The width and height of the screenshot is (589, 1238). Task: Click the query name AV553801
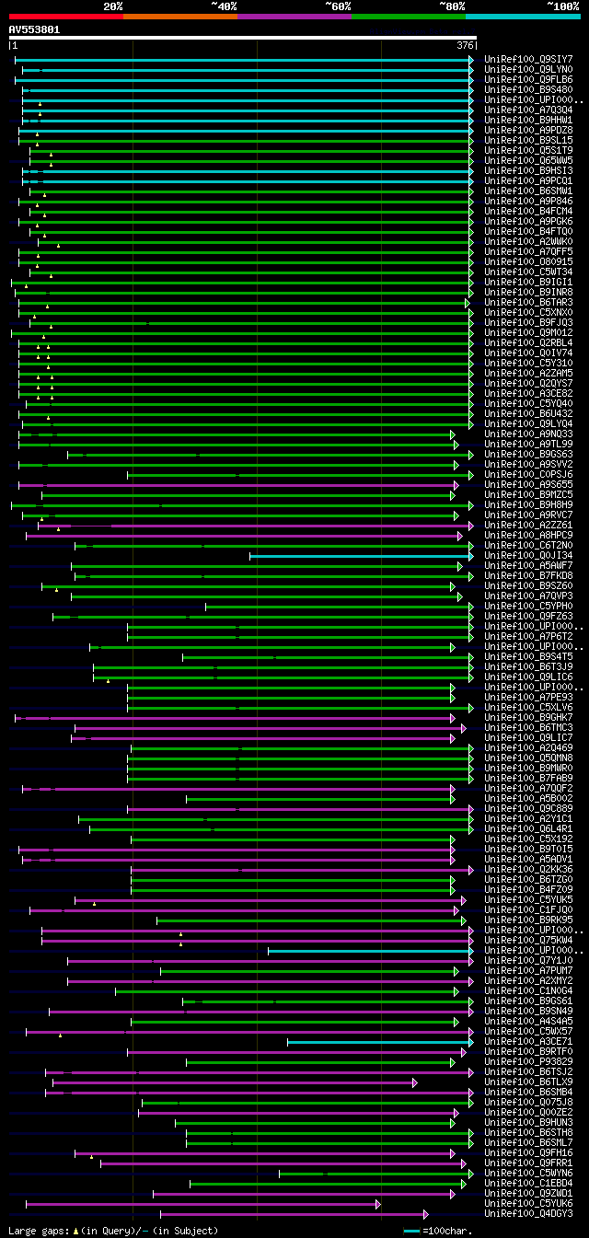click(x=34, y=29)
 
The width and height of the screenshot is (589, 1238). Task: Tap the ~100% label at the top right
click(x=562, y=6)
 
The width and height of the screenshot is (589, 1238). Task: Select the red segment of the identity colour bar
click(x=64, y=16)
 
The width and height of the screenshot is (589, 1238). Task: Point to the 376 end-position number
click(x=465, y=45)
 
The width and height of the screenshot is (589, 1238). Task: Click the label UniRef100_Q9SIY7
click(x=528, y=60)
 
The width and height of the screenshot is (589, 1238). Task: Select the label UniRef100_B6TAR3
click(x=528, y=302)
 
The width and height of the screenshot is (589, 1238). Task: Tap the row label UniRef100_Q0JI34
click(x=528, y=555)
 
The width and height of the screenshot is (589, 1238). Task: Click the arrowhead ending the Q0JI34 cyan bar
click(x=470, y=555)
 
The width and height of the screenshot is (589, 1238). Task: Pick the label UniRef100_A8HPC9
click(x=528, y=535)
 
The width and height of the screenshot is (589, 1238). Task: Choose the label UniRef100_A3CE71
click(x=528, y=1041)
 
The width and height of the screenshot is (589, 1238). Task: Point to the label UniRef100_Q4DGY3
click(x=528, y=1213)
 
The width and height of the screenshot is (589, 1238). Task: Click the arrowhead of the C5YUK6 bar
click(x=378, y=1203)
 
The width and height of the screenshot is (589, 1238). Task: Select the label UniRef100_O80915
click(x=528, y=261)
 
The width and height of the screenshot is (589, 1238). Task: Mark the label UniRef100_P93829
click(x=528, y=1061)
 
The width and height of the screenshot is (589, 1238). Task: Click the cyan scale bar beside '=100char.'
click(x=411, y=1231)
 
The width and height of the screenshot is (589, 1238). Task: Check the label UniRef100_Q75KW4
click(x=528, y=940)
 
